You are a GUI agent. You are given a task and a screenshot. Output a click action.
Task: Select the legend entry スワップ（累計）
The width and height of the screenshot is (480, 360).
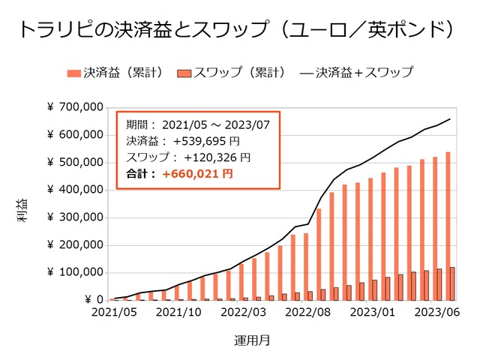232,73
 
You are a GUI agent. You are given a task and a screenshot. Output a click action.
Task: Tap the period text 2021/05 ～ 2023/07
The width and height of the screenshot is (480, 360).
215,124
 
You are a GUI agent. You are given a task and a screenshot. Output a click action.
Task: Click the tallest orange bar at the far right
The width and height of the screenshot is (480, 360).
448,226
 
